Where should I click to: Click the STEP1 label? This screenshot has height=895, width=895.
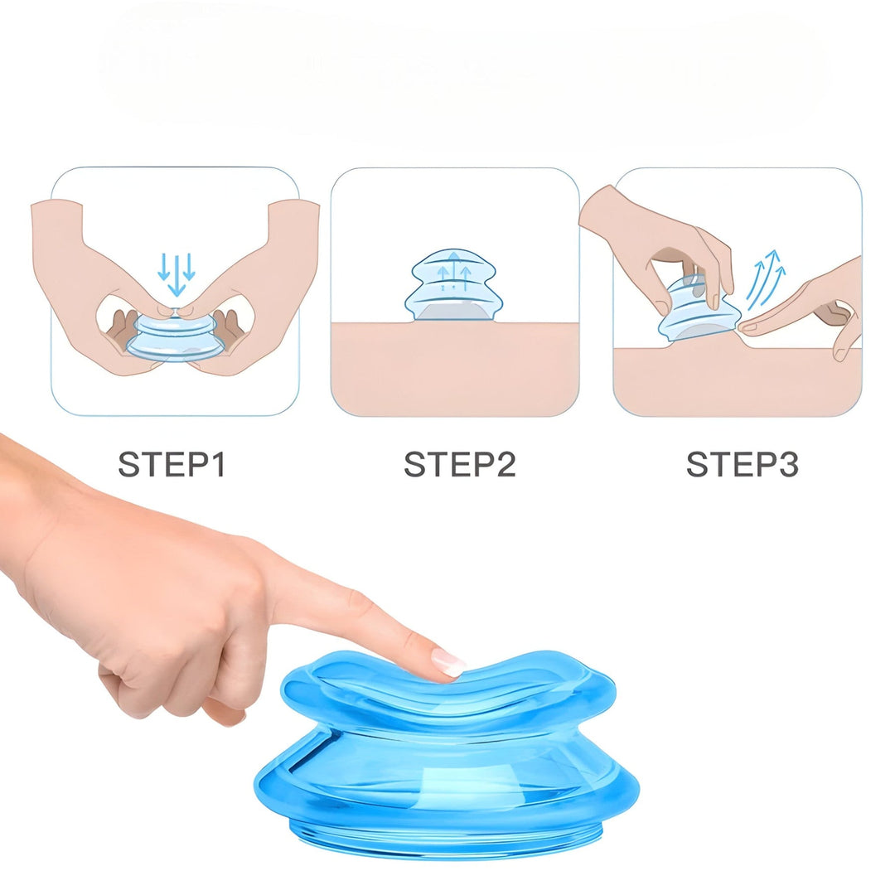(x=172, y=464)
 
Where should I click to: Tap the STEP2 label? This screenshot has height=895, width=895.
(x=459, y=464)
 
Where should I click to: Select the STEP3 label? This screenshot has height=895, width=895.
(x=742, y=464)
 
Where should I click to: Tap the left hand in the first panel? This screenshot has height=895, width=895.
(x=83, y=273)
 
